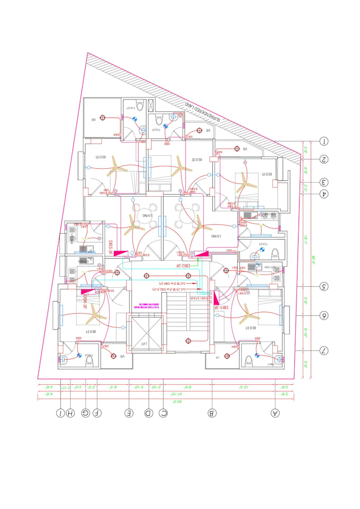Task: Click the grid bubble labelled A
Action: [274, 413]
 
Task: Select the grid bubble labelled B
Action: [212, 413]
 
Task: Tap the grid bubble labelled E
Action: [129, 413]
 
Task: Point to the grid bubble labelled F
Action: [96, 413]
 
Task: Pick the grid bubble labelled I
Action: [61, 413]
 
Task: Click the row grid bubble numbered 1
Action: [324, 141]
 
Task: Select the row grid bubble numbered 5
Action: [324, 287]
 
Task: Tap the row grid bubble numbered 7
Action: [324, 350]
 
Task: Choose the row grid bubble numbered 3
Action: [324, 182]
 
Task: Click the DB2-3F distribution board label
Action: [182, 266]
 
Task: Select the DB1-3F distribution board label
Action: [220, 307]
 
